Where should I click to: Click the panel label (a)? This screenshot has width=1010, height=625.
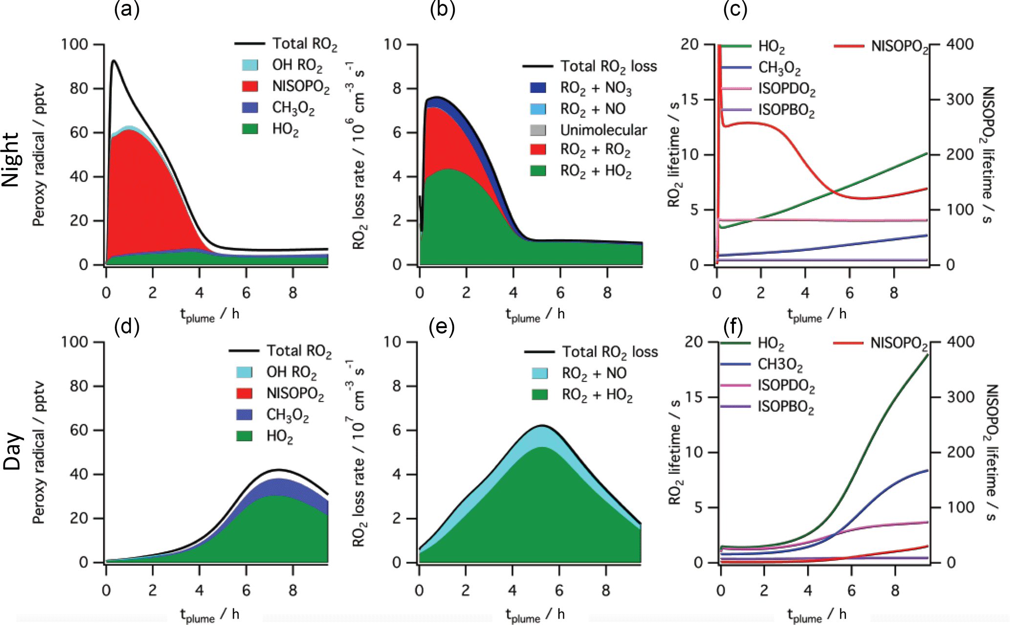pyautogui.click(x=127, y=10)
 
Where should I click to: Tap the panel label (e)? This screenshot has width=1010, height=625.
pyautogui.click(x=441, y=327)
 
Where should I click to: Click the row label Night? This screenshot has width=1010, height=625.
pyautogui.click(x=11, y=159)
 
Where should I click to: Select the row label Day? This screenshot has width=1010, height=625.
pyautogui.click(x=12, y=451)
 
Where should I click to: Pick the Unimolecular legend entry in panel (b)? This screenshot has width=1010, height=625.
pyautogui.click(x=603, y=130)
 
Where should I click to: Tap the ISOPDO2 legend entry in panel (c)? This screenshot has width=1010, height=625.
pyautogui.click(x=787, y=90)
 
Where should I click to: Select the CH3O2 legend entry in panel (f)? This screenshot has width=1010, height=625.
pyautogui.click(x=780, y=364)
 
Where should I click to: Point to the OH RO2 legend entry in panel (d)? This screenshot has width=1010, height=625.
pyautogui.click(x=291, y=373)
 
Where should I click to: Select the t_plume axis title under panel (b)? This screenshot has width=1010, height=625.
pyautogui.click(x=535, y=314)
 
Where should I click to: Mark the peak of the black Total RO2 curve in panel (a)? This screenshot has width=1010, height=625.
pyautogui.click(x=114, y=60)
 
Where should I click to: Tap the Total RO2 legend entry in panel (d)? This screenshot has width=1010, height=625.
pyautogui.click(x=299, y=351)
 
